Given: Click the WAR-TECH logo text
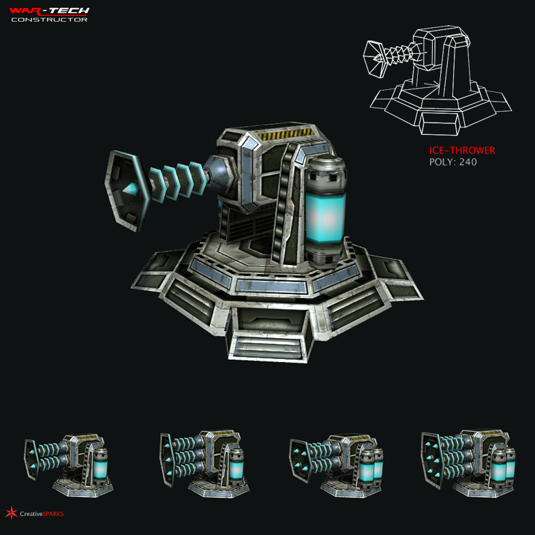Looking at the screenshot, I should click(49, 10).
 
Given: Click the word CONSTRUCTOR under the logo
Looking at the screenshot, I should click(49, 19).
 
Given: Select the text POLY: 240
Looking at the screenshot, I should click(453, 162).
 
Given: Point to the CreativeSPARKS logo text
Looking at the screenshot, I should click(42, 513).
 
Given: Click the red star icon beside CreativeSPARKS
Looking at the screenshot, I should click(11, 513).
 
